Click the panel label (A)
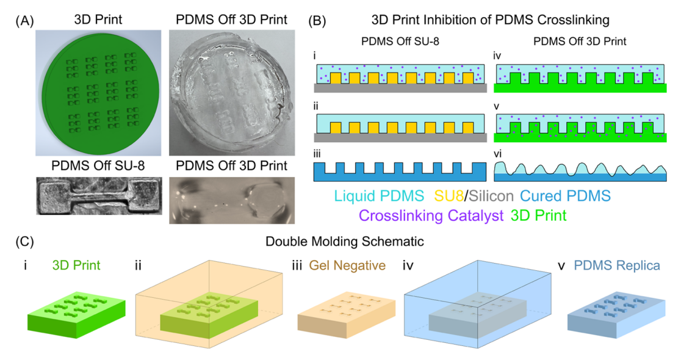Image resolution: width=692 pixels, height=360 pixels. [x=24, y=21]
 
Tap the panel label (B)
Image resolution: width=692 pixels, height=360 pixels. [x=317, y=21]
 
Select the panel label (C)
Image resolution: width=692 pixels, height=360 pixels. [x=24, y=242]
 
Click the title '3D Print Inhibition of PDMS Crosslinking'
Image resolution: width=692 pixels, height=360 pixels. [x=490, y=20]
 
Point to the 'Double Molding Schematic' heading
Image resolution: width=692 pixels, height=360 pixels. [x=345, y=242]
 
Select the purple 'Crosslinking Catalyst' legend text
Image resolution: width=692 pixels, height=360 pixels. [x=431, y=215]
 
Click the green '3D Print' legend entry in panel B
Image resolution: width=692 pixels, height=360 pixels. [x=538, y=215]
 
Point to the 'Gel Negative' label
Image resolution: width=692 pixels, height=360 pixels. [x=347, y=265]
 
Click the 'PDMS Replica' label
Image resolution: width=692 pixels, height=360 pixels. [x=617, y=265]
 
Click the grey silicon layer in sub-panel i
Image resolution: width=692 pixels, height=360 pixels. [x=400, y=88]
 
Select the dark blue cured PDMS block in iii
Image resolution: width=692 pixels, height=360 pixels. [x=400, y=172]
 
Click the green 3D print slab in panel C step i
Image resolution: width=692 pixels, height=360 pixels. [x=76, y=315]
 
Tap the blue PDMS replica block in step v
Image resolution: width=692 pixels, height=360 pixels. [x=616, y=316]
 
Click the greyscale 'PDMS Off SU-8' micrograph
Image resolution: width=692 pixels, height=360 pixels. [x=99, y=196]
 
